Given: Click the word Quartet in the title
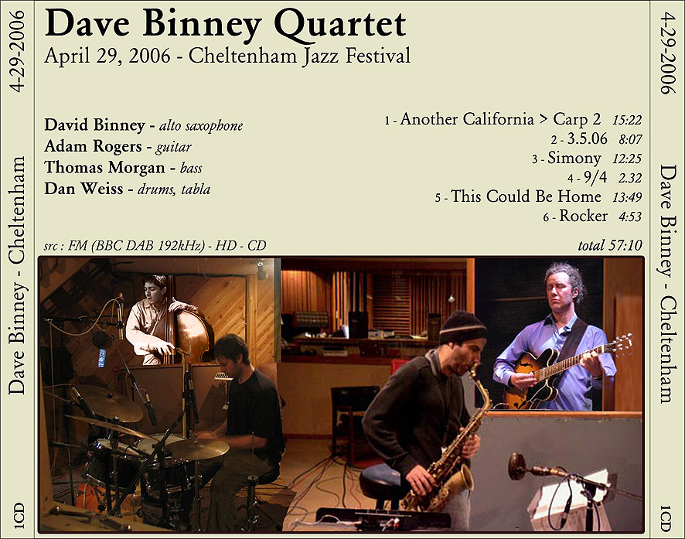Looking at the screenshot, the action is pyautogui.click(x=341, y=25).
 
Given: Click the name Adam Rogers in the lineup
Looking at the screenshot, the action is pyautogui.click(x=93, y=146).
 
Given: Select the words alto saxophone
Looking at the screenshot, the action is pyautogui.click(x=201, y=126).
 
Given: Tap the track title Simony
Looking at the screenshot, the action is pyautogui.click(x=574, y=158).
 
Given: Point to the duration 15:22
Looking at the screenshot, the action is pyautogui.click(x=627, y=120).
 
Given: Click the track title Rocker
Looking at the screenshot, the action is pyautogui.click(x=583, y=216).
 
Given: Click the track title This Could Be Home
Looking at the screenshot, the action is pyautogui.click(x=526, y=196).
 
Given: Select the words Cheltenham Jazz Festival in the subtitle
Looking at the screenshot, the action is pyautogui.click(x=300, y=56).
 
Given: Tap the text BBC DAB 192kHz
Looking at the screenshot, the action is pyautogui.click(x=150, y=245).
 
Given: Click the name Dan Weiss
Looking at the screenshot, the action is pyautogui.click(x=83, y=189).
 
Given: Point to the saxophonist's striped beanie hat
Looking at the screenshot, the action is pyautogui.click(x=462, y=327).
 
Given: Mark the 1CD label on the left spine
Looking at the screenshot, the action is pyautogui.click(x=18, y=517).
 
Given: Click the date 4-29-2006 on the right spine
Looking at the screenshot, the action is pyautogui.click(x=667, y=53).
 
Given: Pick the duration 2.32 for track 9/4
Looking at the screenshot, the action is pyautogui.click(x=630, y=178).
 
